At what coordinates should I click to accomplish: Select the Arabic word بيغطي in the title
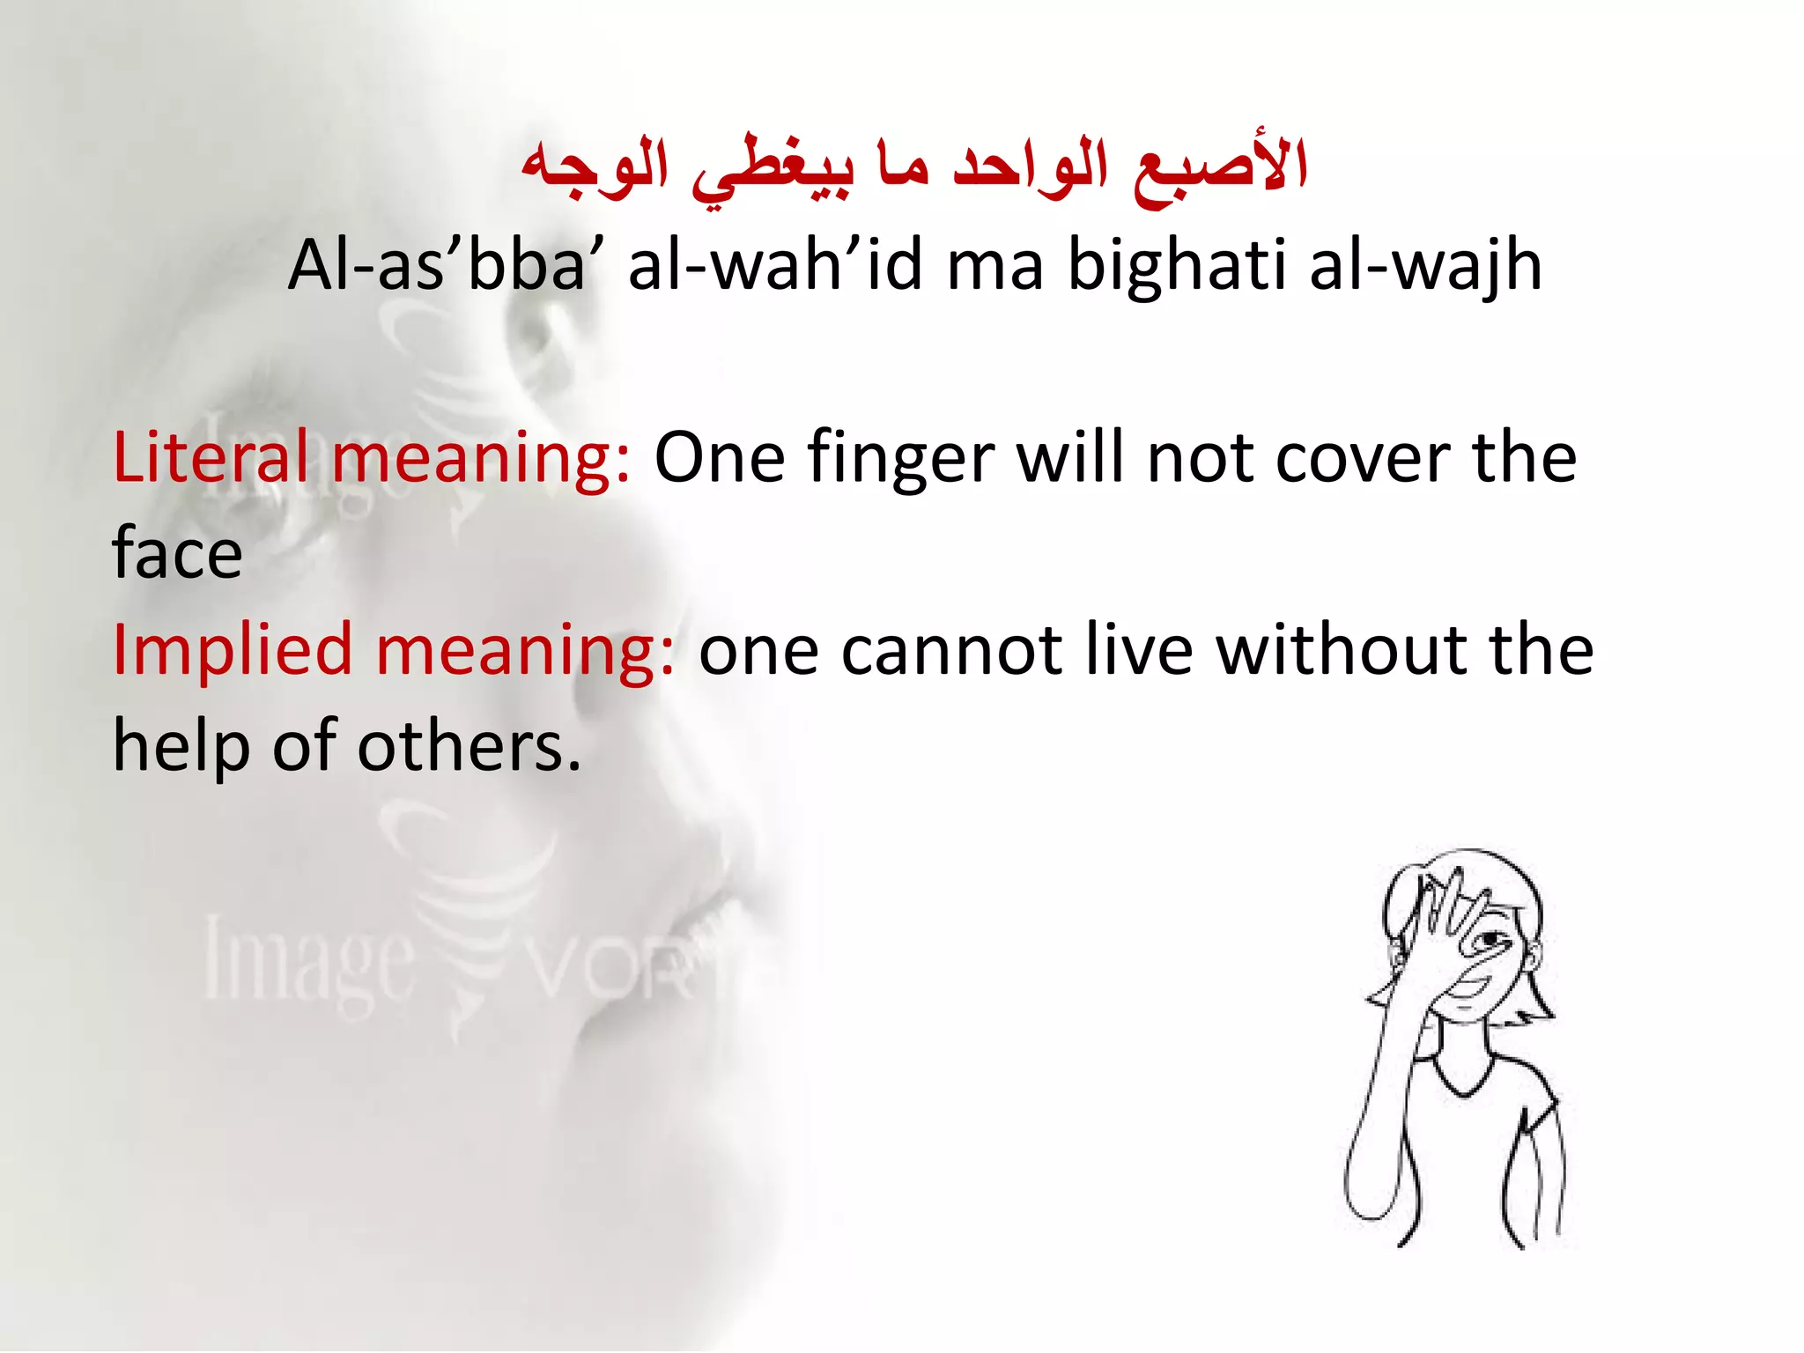pos(772,169)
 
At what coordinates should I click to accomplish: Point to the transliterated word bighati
pos(1177,266)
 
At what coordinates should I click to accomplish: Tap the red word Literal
pos(211,458)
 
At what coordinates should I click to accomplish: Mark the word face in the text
pos(177,555)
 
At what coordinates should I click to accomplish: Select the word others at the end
pos(468,747)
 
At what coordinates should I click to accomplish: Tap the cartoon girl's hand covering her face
pos(1445,925)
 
